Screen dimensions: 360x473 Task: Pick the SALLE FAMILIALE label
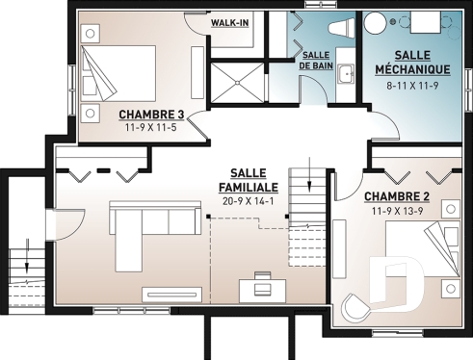coord(249,179)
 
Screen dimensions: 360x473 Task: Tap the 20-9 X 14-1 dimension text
coord(249,201)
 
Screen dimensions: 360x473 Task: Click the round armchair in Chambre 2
coord(355,307)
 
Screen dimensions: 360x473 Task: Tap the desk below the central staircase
coord(261,286)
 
